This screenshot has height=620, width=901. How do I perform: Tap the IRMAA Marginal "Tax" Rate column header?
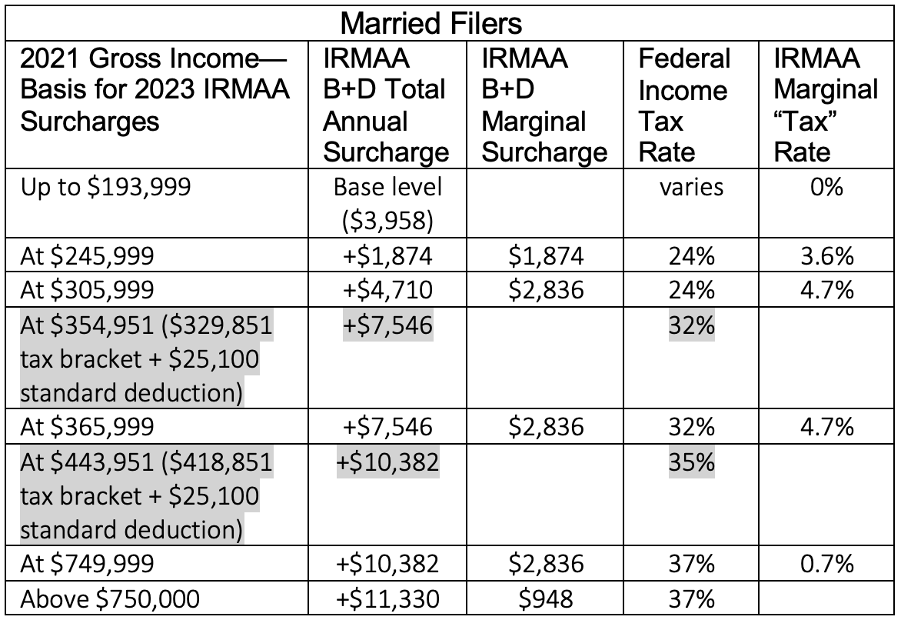[x=825, y=105]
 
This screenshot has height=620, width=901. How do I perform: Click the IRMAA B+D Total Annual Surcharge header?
[x=385, y=105]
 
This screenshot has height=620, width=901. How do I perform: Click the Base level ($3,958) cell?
[x=385, y=203]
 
